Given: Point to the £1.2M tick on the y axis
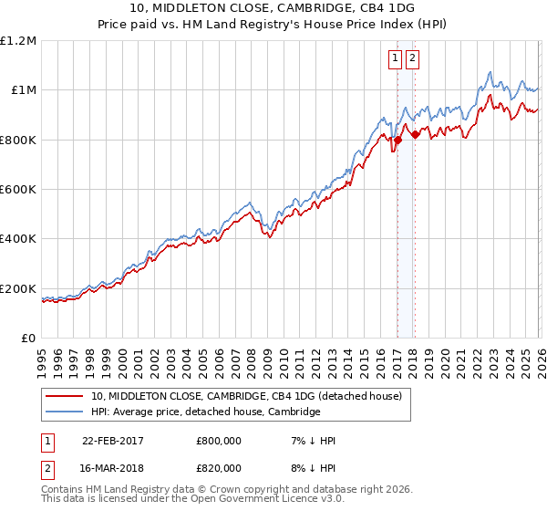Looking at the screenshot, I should (19, 41).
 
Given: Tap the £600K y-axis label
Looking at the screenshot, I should (19, 190).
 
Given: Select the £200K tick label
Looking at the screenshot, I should (19, 288).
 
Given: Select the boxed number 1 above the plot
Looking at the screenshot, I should (395, 58).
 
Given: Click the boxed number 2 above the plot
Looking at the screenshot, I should (412, 58).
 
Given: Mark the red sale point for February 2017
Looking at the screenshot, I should (397, 141).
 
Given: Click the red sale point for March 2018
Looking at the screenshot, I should (415, 135).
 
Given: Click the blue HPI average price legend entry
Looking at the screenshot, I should (205, 412).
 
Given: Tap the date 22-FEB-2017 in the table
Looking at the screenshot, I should (113, 441).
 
